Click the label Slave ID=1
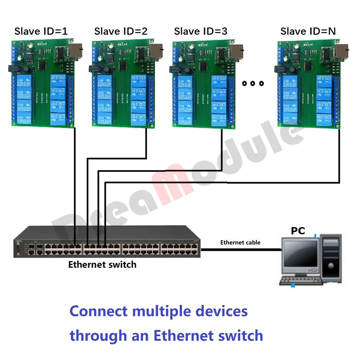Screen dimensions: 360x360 [x=41, y=31]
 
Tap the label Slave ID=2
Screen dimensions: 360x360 [x=121, y=31]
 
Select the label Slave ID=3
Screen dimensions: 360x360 [x=201, y=31]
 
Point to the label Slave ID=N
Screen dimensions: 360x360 [x=308, y=31]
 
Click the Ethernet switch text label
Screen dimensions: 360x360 [x=102, y=265]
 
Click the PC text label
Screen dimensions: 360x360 [x=298, y=231]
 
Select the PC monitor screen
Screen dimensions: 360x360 [x=300, y=255]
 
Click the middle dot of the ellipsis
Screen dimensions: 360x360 [x=253, y=84]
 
